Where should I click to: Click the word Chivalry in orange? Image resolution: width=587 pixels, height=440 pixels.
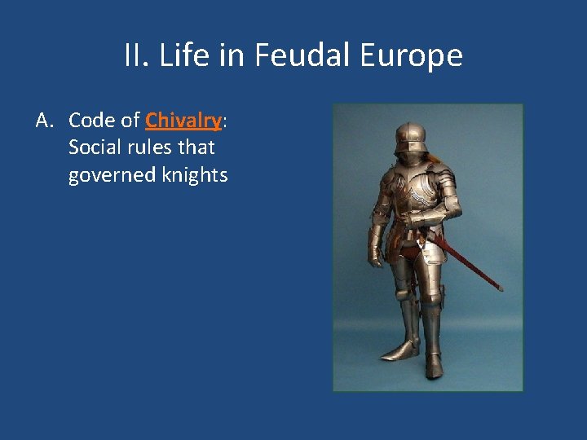click(183, 121)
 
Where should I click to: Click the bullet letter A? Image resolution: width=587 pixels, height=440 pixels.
click(45, 121)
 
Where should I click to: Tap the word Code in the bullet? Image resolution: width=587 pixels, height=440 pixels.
click(90, 121)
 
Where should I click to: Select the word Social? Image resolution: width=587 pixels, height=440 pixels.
click(94, 147)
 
